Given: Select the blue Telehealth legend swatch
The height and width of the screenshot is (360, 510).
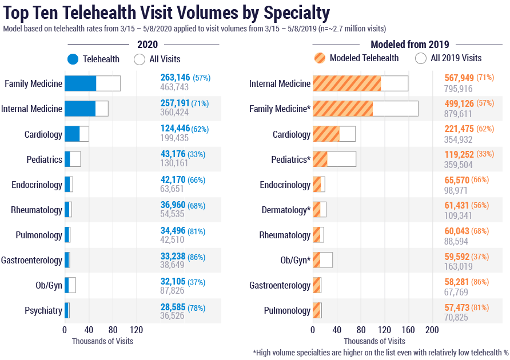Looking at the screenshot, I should (73, 59).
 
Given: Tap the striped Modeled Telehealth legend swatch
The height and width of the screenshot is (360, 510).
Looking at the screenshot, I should (320, 58).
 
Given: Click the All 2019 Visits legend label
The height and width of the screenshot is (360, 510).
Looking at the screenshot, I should (456, 58).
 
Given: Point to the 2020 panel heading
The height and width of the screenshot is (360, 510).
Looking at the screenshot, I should (148, 44).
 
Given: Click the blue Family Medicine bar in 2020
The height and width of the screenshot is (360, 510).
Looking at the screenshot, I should (80, 83).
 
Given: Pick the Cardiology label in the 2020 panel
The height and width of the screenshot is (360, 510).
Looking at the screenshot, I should (43, 134).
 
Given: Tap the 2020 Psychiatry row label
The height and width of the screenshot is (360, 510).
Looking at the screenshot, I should (43, 310).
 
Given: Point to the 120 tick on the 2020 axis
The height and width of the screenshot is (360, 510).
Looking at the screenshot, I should (136, 330).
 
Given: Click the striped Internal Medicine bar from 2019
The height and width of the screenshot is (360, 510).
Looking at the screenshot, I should (346, 83).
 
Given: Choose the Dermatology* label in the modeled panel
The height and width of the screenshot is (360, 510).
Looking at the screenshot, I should (285, 210).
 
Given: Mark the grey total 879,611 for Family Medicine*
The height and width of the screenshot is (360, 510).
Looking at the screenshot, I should (459, 114).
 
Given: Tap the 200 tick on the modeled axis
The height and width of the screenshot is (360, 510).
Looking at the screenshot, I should (432, 330).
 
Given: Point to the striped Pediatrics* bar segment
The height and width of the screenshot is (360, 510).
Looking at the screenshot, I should (320, 159).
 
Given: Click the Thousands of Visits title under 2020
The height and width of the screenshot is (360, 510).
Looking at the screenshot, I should (102, 341).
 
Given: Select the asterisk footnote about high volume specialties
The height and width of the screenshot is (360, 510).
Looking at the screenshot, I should (380, 352).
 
